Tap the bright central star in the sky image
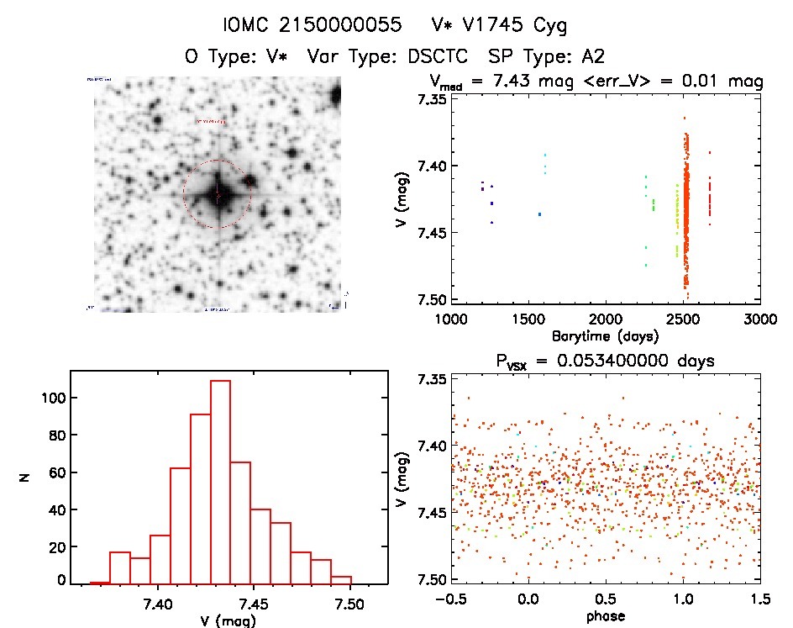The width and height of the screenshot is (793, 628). (217, 194)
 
